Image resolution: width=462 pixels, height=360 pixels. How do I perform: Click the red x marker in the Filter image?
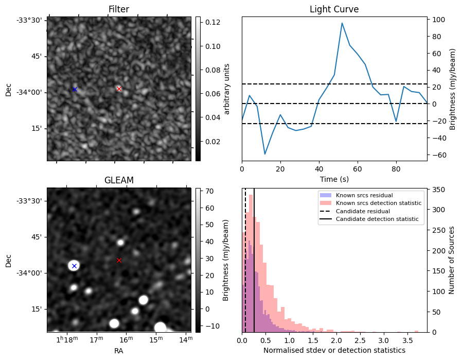(x=119, y=89)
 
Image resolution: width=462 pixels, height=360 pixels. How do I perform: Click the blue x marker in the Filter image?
(x=75, y=89)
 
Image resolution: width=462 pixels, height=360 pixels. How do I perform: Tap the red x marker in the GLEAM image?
(x=119, y=261)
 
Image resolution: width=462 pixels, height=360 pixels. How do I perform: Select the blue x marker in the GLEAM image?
(x=74, y=266)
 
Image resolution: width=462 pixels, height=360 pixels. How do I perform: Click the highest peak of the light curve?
(x=342, y=23)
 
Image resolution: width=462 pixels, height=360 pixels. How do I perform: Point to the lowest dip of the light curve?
(x=265, y=154)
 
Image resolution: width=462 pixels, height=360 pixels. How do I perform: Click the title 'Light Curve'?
(x=334, y=9)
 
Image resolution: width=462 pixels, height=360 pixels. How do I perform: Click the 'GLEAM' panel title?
(x=119, y=180)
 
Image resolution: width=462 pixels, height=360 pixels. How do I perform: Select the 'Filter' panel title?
(x=119, y=9)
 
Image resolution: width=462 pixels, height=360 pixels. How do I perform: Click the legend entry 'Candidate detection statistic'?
(x=377, y=219)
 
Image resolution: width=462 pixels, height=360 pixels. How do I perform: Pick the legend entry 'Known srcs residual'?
(x=364, y=195)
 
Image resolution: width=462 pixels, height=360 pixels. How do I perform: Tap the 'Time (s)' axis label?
(x=334, y=179)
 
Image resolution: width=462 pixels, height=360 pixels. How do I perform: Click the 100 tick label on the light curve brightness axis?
(x=438, y=20)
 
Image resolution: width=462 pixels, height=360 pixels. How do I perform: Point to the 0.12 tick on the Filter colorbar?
(x=212, y=23)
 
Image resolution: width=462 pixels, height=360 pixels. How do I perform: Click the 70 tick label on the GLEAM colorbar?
(x=209, y=192)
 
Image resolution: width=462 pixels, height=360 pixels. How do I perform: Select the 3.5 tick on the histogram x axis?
(x=407, y=340)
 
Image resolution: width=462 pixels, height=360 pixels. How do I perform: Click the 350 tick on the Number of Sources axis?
(x=438, y=190)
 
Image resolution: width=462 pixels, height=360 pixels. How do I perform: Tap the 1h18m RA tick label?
(x=67, y=339)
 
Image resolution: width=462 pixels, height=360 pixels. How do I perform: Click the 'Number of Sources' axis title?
(x=451, y=261)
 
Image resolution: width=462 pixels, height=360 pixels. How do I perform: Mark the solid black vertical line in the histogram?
(x=254, y=261)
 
